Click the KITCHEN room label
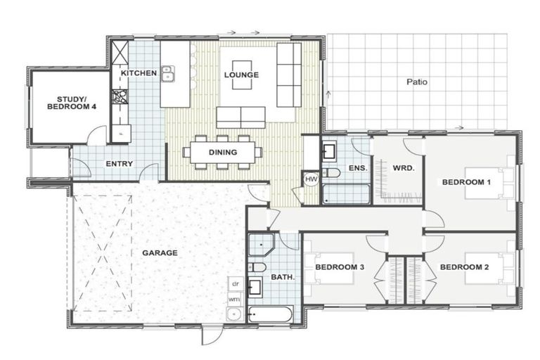click(x=138, y=73)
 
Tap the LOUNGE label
click(x=241, y=75)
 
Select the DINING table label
click(x=222, y=151)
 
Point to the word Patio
click(x=417, y=82)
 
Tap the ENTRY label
click(x=119, y=164)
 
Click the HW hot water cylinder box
click(x=310, y=179)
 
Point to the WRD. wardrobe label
click(x=403, y=168)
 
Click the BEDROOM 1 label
click(x=466, y=182)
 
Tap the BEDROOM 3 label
click(x=339, y=267)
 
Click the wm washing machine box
click(x=234, y=299)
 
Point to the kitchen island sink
click(x=168, y=72)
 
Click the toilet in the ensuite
click(x=332, y=172)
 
